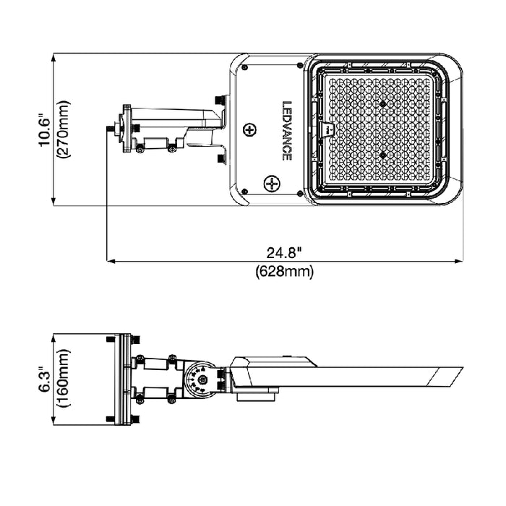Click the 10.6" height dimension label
(45, 129)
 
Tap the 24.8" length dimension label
(284, 252)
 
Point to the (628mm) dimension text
(284, 272)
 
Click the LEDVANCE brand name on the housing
(286, 130)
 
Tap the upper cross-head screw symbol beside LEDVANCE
(250, 130)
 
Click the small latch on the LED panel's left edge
(326, 129)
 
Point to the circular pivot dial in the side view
(198, 379)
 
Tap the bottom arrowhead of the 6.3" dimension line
(53, 423)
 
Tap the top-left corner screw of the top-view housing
(245, 67)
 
